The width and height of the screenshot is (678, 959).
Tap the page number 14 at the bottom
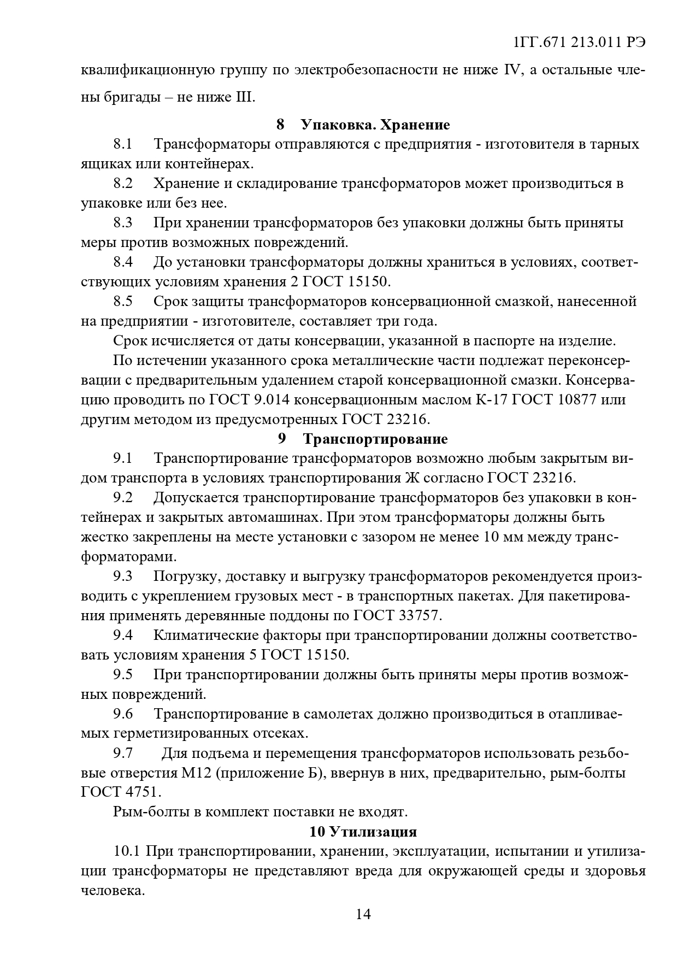363,914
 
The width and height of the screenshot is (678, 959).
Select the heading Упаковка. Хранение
375,125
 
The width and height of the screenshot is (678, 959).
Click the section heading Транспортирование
375,439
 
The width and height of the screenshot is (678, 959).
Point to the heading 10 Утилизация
363,832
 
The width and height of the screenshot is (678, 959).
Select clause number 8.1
123,144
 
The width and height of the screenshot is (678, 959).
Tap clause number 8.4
123,262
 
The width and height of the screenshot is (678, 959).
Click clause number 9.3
123,576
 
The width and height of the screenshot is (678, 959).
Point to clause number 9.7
123,754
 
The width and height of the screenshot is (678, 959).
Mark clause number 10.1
127,851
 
